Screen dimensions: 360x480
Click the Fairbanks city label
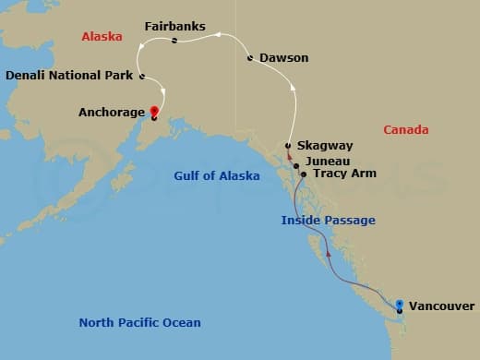click(175, 26)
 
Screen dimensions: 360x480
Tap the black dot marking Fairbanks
click(174, 41)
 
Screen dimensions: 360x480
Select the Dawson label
click(283, 58)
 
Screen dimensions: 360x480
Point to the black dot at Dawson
click(251, 58)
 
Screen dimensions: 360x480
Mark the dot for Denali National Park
click(141, 76)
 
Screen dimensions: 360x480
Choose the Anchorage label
click(112, 113)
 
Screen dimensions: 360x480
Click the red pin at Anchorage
click(153, 112)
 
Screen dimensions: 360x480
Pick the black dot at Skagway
click(289, 146)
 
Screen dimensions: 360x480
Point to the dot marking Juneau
click(296, 166)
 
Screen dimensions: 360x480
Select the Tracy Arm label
click(344, 173)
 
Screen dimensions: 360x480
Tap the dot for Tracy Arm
click(304, 173)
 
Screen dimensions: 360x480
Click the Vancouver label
click(441, 306)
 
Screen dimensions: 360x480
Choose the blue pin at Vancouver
click(399, 304)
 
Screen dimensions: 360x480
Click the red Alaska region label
click(102, 38)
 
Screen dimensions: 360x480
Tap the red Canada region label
click(406, 130)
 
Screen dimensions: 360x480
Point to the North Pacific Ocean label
click(139, 322)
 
